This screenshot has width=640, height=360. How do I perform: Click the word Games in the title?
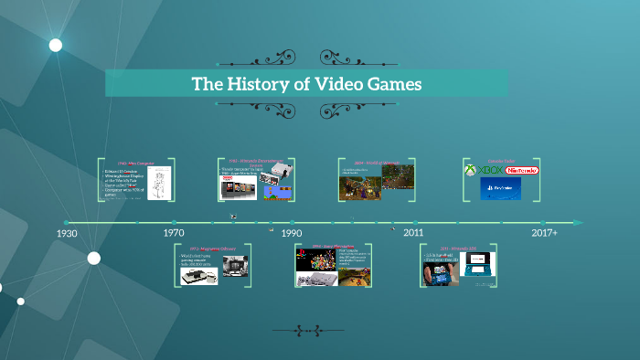coord(389,84)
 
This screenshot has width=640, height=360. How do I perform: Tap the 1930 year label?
coord(66,234)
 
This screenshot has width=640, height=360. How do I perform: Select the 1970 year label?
coord(174,234)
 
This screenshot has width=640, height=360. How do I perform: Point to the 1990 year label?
coord(292,234)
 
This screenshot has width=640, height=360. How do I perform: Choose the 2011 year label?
coord(413,234)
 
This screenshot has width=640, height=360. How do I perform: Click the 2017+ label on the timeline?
coord(544,234)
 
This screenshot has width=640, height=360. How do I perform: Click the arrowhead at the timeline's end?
coord(578,222)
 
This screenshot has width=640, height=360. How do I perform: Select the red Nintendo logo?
coord(522,171)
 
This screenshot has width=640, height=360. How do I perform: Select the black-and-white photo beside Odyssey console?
coord(235,270)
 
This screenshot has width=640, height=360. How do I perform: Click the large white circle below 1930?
coord(93,258)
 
